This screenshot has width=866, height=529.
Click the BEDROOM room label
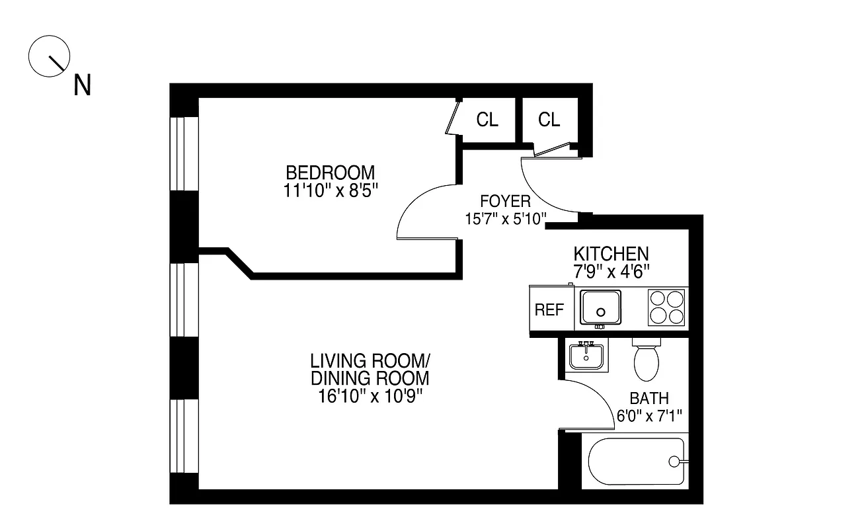point(330,173)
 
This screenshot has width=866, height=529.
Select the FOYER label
point(505,202)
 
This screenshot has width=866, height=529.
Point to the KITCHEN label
point(610,254)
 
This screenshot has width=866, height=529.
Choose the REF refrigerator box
point(549,310)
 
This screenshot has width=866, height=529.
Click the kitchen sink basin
point(600,307)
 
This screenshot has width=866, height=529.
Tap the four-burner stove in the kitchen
point(666,307)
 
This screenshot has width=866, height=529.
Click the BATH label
point(649,399)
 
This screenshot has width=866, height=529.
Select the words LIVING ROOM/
point(370,361)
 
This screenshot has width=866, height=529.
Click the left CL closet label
point(487,120)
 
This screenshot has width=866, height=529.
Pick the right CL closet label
point(549,120)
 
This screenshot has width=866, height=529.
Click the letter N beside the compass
point(82,85)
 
